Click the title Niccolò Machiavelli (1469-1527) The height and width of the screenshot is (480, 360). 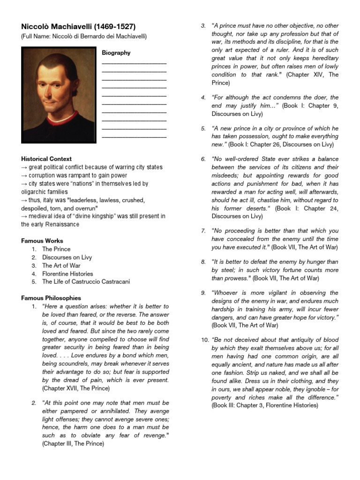pyautogui.click(x=78, y=27)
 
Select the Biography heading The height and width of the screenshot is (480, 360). pyautogui.click(x=116, y=53)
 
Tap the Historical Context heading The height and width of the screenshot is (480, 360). pyautogui.click(x=46, y=159)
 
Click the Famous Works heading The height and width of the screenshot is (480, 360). pyautogui.click(x=42, y=240)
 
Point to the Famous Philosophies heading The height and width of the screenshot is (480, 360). pyautogui.click(x=51, y=298)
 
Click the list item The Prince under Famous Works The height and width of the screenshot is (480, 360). pyautogui.click(x=56, y=249)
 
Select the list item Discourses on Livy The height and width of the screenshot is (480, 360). pyautogui.click(x=67, y=257)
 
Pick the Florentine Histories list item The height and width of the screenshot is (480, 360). pyautogui.click(x=67, y=274)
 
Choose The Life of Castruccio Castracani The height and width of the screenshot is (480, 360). pyautogui.click(x=86, y=282)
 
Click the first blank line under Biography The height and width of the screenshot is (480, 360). pyautogui.click(x=134, y=62)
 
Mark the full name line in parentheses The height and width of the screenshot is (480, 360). pyautogui.click(x=84, y=37)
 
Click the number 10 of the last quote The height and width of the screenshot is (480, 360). pyautogui.click(x=205, y=339)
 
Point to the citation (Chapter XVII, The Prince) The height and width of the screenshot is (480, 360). pyautogui.click(x=76, y=389)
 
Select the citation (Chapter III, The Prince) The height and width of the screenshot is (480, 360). pyautogui.click(x=73, y=443)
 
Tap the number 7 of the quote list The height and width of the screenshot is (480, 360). pyautogui.click(x=203, y=231)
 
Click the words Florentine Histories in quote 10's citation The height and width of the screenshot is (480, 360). pyautogui.click(x=294, y=405)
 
